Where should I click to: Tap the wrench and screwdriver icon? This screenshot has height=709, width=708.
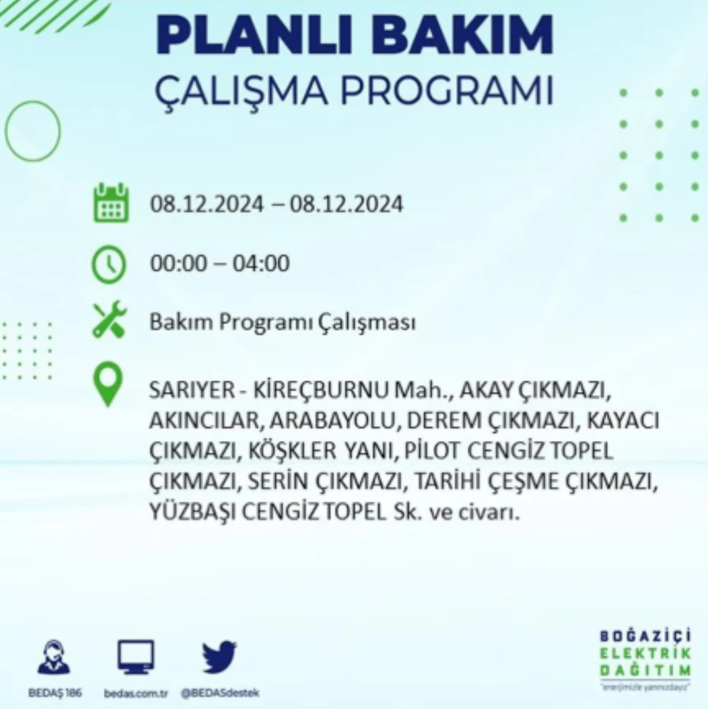coord(109,320)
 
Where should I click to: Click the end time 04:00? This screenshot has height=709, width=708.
coord(261,263)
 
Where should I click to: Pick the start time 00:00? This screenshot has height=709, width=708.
coord(178,263)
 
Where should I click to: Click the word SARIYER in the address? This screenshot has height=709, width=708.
coord(192,390)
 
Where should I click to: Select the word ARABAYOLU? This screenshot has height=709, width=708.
coord(332,421)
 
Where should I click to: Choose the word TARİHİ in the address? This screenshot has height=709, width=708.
coord(446,482)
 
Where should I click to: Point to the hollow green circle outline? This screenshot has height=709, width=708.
coord(32,131)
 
